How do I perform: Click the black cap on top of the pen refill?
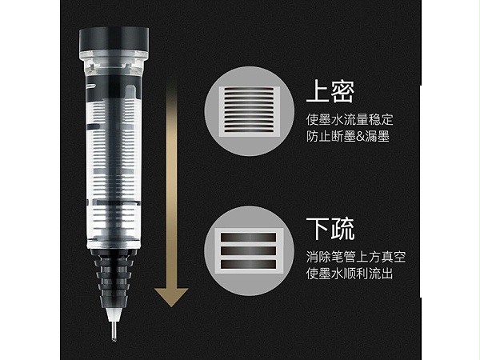(114, 40)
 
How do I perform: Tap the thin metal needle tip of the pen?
(114, 330)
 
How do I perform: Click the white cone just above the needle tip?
(114, 314)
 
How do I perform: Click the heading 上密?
(330, 91)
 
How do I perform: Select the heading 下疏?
(330, 229)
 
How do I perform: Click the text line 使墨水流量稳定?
(350, 120)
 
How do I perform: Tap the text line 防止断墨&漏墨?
(348, 136)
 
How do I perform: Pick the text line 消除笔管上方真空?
(356, 257)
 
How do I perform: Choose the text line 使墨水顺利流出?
(350, 274)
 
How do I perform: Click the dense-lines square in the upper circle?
(249, 111)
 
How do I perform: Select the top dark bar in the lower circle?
(249, 238)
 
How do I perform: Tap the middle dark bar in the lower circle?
(249, 251)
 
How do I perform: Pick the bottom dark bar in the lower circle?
(249, 265)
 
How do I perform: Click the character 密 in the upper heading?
(343, 91)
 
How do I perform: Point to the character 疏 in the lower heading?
(343, 229)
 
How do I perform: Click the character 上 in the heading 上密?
(318, 91)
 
